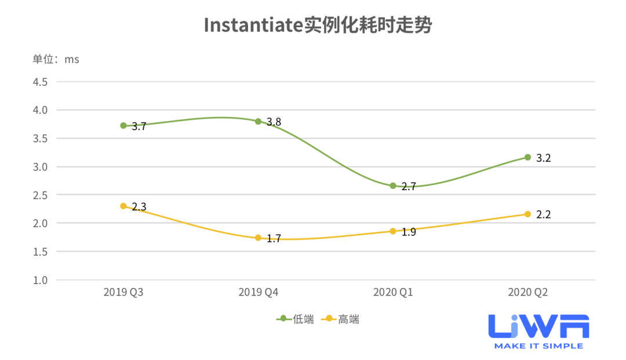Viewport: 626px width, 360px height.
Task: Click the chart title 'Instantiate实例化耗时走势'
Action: point(318,26)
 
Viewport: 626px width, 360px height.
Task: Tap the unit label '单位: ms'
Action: point(56,59)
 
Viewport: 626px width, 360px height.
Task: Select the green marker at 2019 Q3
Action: point(123,125)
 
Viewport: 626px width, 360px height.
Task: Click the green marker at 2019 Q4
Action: point(259,121)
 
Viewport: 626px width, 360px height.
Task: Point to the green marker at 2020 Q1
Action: point(393,186)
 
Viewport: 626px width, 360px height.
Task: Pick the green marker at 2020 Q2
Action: point(527,157)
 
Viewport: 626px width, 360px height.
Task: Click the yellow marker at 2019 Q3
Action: point(123,206)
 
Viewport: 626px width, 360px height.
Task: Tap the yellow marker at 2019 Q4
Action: point(259,238)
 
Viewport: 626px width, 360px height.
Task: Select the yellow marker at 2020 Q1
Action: point(393,231)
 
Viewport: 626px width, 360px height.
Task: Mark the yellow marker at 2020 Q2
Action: point(527,214)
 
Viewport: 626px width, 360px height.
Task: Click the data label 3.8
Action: point(274,122)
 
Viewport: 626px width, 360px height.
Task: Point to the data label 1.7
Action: point(274,238)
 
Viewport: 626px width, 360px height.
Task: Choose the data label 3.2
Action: point(544,158)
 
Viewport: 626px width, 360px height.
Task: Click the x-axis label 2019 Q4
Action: point(259,293)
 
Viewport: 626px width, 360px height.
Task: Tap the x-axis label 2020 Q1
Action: point(393,293)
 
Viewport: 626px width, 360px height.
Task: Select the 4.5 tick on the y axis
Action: point(40,82)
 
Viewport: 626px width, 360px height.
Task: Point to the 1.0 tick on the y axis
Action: point(40,280)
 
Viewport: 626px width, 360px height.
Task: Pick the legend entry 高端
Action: point(342,319)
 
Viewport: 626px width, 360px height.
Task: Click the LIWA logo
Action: point(538,332)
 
